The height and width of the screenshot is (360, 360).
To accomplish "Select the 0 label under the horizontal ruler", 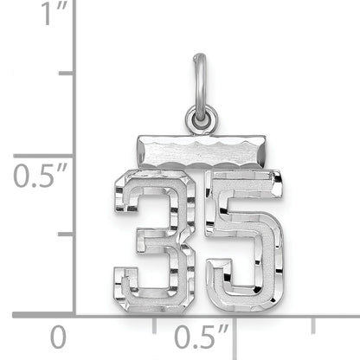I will (x=57, y=336).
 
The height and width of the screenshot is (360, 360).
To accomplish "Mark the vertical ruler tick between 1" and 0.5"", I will (x=65, y=74).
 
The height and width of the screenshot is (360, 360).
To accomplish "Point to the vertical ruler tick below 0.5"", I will (x=65, y=235).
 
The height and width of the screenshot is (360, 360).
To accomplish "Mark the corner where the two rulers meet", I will (x=74, y=314).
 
